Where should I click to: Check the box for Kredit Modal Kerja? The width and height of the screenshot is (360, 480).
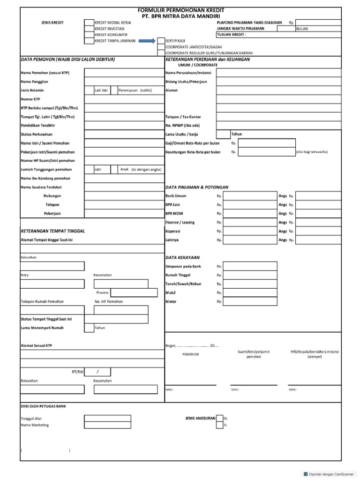[89, 22]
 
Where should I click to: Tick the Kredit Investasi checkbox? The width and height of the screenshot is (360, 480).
[89, 28]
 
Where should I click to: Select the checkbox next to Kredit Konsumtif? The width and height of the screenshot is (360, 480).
[89, 35]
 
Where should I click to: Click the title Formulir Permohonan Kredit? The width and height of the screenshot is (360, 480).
[180, 9]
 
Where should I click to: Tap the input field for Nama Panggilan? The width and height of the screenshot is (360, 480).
[124, 82]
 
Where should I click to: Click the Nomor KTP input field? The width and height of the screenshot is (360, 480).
[124, 99]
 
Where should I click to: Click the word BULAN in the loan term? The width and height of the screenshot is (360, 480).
[302, 29]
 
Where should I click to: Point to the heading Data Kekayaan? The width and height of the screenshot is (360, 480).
[182, 257]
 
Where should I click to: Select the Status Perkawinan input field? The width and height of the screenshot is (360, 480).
[124, 135]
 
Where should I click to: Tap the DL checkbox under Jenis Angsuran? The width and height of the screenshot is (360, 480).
[219, 418]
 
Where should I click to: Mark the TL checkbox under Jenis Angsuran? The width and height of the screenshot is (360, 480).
[219, 425]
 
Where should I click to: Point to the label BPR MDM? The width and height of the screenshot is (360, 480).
[174, 213]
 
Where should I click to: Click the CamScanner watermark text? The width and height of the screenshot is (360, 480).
[330, 474]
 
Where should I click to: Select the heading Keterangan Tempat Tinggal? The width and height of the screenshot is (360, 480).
[53, 231]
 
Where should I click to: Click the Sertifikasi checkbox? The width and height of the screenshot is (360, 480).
[161, 41]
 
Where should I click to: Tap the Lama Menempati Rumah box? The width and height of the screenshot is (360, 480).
[89, 328]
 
